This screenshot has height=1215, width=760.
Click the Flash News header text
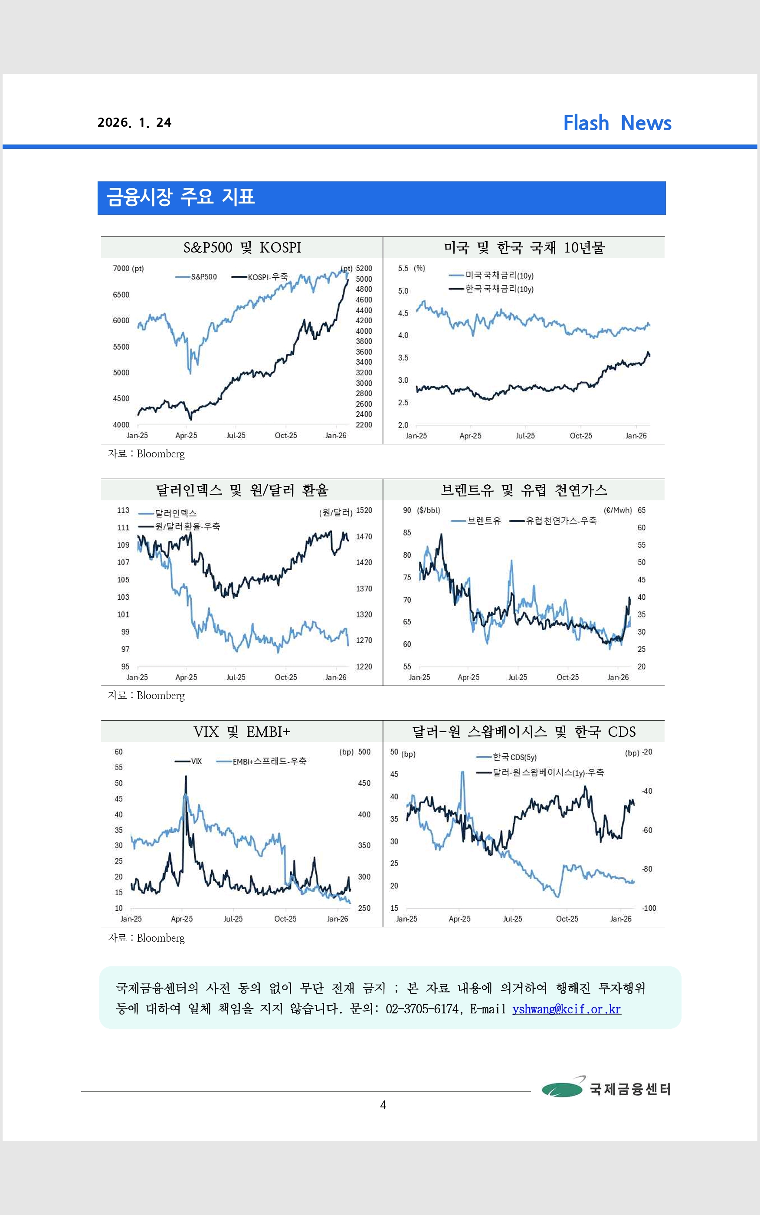[617, 123]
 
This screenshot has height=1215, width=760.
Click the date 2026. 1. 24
[134, 123]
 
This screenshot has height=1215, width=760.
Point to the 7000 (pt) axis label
[128, 269]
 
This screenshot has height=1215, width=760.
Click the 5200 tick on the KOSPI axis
[364, 269]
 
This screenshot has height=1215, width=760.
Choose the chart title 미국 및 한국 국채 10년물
[524, 248]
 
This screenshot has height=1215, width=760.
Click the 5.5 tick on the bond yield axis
[403, 269]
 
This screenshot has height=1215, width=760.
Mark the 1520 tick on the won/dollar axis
[364, 510]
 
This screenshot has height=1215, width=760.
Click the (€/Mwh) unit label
[618, 510]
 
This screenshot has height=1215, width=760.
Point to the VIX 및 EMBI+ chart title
[242, 732]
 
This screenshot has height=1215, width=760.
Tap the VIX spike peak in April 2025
[186, 777]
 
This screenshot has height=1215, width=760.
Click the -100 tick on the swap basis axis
[649, 908]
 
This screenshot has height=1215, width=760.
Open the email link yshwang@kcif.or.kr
[567, 1009]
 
